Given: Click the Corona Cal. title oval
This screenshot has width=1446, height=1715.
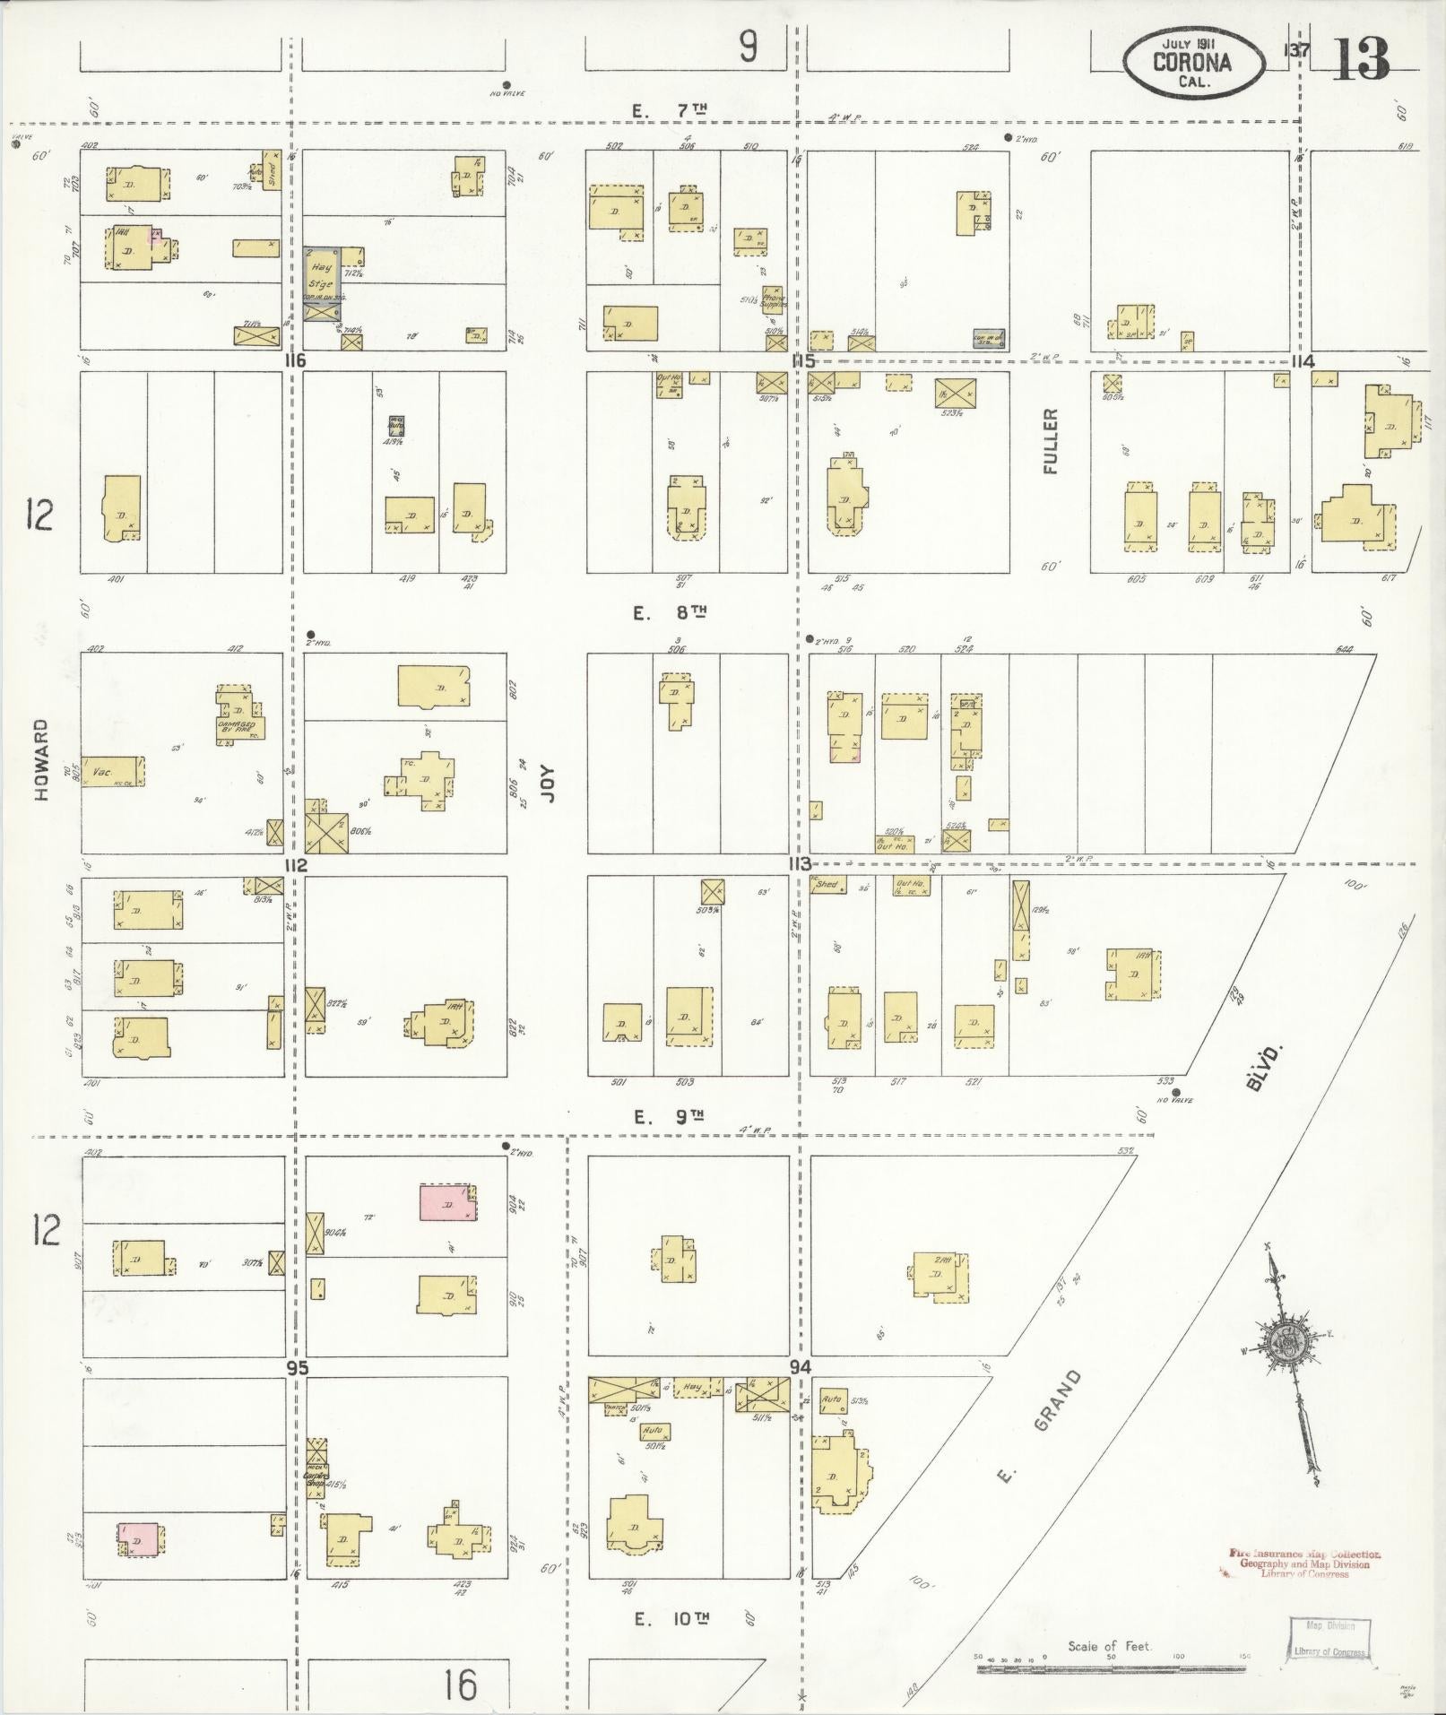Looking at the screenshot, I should point(1191,63).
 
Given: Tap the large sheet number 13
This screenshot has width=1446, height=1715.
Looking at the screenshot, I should point(1361,59).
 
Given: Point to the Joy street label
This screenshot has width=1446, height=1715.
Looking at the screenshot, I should point(550,783).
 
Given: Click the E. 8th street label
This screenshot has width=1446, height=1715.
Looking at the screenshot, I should point(671,613).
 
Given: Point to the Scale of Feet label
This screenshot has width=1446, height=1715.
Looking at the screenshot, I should point(1109,1646).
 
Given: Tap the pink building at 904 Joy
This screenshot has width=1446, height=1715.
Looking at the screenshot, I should point(448,1203).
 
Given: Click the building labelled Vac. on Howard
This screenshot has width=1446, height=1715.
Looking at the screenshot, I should point(113,771).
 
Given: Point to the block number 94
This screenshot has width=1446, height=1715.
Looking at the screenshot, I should point(801,1366).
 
